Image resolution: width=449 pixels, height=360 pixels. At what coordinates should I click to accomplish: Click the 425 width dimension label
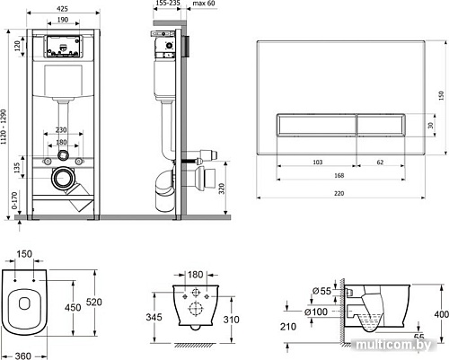point(62,9)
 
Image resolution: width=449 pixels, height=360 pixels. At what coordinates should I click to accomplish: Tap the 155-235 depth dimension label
point(168,3)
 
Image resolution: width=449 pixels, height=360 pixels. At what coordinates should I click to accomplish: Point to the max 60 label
point(204,3)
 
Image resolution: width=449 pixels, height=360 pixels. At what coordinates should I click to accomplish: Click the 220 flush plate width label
point(339,193)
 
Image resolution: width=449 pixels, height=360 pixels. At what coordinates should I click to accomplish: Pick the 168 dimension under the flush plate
point(339,175)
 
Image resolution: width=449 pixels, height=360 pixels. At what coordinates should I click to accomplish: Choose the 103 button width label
point(318,162)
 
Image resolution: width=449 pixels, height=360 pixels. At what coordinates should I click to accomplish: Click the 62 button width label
point(380,162)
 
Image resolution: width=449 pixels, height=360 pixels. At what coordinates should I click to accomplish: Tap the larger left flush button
point(317,125)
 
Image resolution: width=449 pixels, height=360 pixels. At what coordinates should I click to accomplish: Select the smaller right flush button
point(381,125)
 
